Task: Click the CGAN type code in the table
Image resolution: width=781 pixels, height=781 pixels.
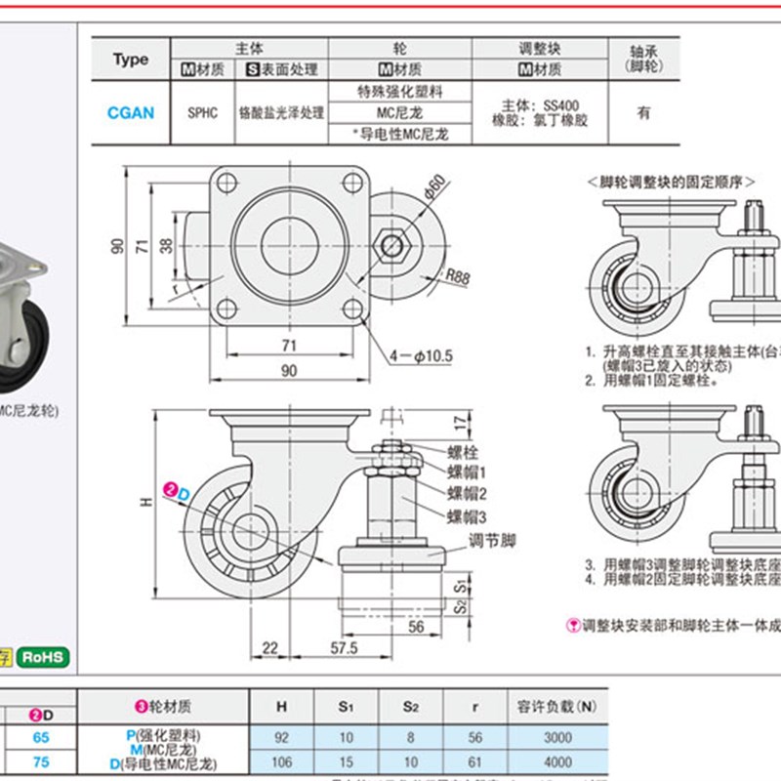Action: [x=130, y=112]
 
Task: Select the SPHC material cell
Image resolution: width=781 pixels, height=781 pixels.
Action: [x=201, y=112]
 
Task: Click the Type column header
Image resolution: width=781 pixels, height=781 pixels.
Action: [x=130, y=60]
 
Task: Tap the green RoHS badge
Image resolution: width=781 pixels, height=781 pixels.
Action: [x=44, y=657]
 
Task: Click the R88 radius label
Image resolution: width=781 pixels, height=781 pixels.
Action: [x=456, y=277]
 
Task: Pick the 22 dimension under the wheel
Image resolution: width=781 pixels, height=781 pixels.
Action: [x=270, y=647]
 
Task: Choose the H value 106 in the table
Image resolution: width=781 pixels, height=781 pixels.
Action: [x=282, y=762]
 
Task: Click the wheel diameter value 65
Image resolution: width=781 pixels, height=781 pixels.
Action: [x=41, y=739]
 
